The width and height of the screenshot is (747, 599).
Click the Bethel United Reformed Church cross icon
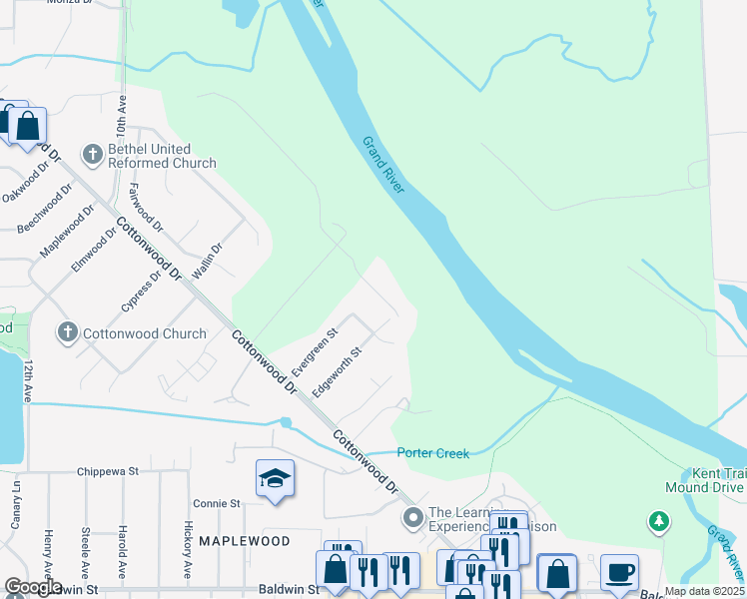93,154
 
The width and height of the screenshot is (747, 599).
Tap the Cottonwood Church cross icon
68,332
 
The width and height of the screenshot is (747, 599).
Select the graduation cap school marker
275,478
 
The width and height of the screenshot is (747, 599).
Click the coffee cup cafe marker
619,572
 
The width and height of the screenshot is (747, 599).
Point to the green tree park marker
658,520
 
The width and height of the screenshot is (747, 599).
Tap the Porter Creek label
432,453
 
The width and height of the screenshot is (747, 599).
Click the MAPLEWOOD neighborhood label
244,541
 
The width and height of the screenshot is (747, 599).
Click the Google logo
32,587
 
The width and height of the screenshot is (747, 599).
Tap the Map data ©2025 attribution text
704,591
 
